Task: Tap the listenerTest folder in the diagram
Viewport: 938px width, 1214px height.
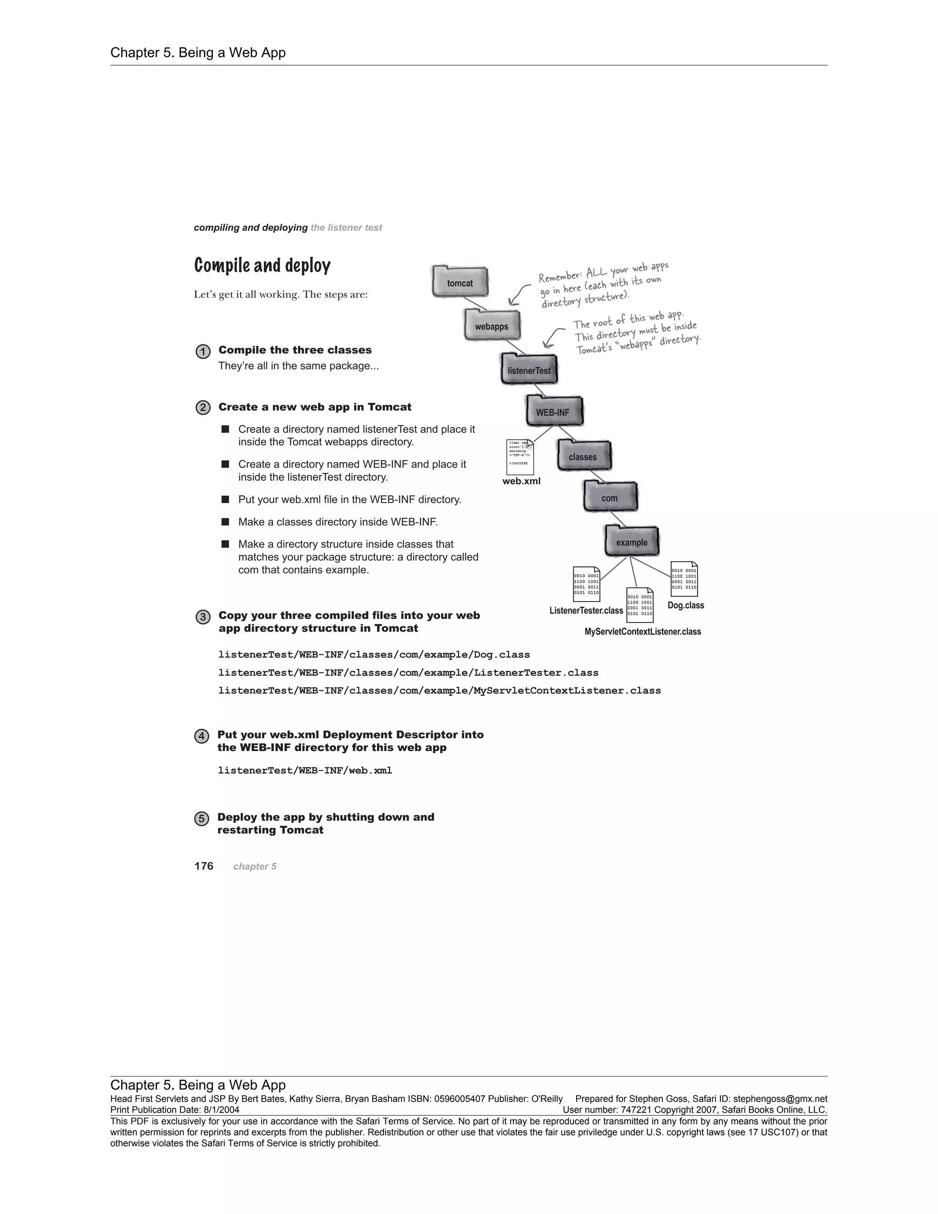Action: (529, 369)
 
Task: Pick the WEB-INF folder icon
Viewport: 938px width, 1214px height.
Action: (553, 411)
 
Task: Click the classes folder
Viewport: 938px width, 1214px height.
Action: (584, 456)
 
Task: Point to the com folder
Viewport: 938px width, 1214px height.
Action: (610, 497)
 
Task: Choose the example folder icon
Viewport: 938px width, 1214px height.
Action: (631, 541)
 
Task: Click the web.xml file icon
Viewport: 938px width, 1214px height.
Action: (519, 457)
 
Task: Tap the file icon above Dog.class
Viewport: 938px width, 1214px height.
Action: (684, 579)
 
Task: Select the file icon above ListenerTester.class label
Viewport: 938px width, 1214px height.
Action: (586, 584)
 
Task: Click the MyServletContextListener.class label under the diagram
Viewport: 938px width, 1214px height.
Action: (643, 631)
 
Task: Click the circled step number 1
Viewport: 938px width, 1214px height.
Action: (203, 352)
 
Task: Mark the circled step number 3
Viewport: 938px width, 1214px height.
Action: (203, 617)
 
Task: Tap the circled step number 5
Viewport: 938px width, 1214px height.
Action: (202, 819)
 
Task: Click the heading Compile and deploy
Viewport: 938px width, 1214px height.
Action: (262, 266)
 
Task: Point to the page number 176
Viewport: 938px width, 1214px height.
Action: (204, 866)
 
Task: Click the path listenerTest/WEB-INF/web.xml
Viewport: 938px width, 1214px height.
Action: (305, 771)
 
